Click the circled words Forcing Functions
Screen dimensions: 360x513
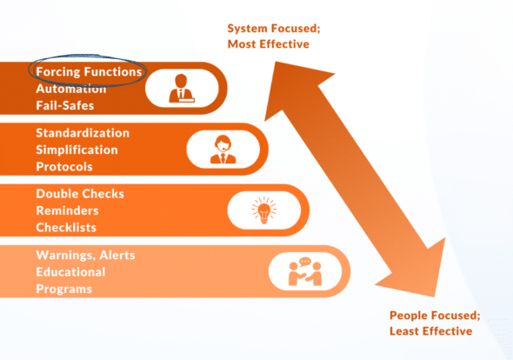(x=87, y=71)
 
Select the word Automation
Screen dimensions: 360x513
(x=72, y=88)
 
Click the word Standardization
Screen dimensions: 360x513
(x=83, y=133)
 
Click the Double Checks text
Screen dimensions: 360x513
(x=80, y=194)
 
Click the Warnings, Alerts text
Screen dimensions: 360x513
(x=84, y=256)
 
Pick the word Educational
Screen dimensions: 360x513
(x=70, y=272)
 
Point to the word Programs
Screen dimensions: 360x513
(x=63, y=289)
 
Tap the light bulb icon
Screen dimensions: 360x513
(x=263, y=210)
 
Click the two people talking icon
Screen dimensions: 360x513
(x=304, y=272)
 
